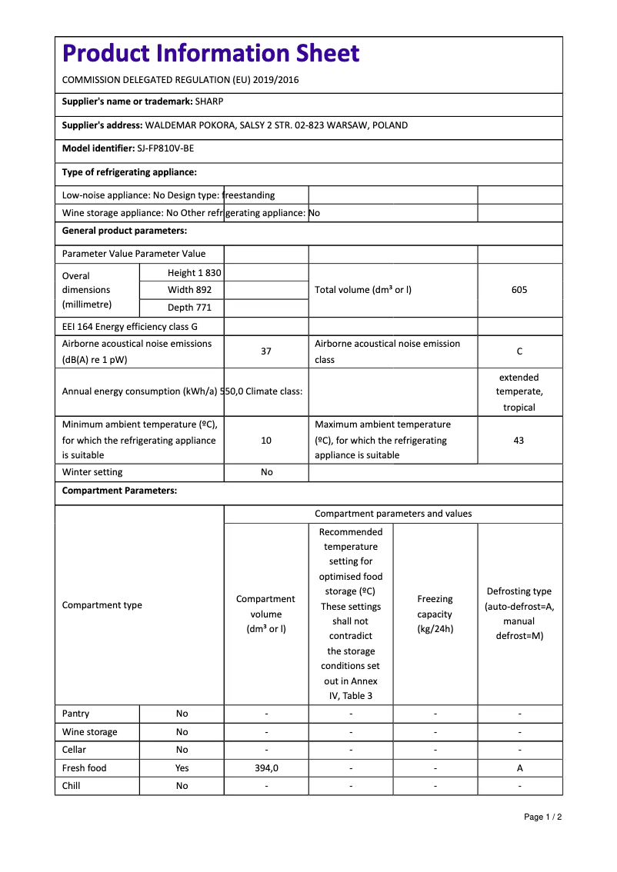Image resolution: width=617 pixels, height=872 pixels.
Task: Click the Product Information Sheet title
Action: click(x=211, y=54)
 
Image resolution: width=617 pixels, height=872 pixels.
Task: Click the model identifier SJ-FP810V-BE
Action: click(x=165, y=149)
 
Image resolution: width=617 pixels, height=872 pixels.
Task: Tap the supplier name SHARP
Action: click(x=209, y=101)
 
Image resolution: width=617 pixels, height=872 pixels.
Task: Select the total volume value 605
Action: click(x=519, y=290)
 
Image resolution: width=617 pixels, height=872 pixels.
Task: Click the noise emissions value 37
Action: click(x=266, y=351)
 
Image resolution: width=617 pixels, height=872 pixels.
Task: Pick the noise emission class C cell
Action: click(x=519, y=351)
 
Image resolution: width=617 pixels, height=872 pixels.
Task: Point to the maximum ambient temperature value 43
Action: click(x=519, y=441)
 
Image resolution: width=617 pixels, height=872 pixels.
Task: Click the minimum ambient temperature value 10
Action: click(x=266, y=441)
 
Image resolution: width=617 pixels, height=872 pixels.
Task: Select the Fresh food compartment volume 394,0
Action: click(x=266, y=768)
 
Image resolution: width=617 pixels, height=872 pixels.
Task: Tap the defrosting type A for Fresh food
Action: click(x=520, y=768)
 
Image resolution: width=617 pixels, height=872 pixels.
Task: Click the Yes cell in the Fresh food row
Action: click(x=182, y=768)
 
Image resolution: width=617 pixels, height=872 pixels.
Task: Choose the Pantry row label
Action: click(x=75, y=714)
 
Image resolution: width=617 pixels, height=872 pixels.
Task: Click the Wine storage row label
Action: click(x=90, y=732)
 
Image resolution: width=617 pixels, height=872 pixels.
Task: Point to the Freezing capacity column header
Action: click(x=435, y=614)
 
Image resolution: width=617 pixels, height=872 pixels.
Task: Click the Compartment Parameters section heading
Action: click(x=119, y=491)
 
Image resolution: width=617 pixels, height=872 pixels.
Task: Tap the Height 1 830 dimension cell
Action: click(x=194, y=273)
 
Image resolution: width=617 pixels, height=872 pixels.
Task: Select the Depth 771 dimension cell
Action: click(x=189, y=308)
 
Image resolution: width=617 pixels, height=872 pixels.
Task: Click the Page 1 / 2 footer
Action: click(x=542, y=817)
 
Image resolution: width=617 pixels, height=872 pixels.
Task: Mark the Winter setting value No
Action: click(x=266, y=472)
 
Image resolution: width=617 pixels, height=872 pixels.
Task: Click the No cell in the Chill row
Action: click(x=182, y=786)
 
